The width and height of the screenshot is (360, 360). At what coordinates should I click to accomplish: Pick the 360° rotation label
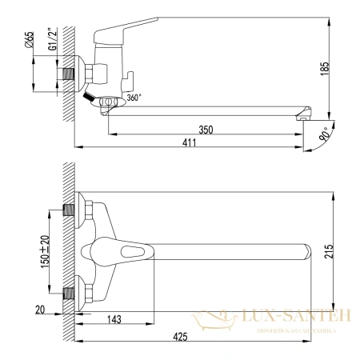[132, 98]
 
